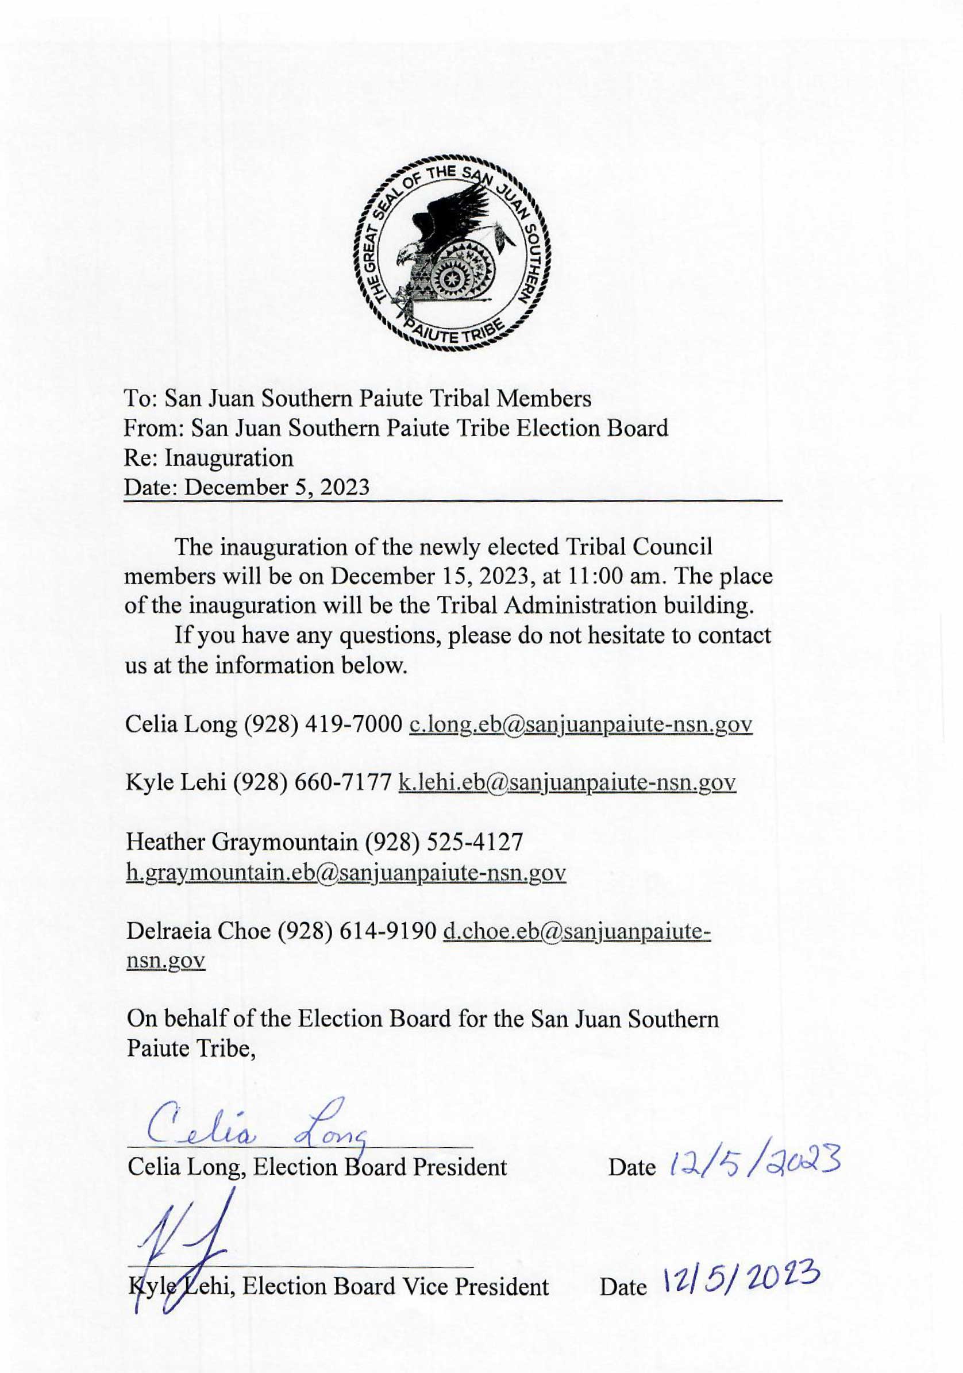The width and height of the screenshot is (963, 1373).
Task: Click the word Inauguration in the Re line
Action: pos(229,458)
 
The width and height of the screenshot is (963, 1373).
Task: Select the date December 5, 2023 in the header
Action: pos(276,487)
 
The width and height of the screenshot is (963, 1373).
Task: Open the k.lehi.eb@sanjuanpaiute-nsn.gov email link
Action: pos(567,783)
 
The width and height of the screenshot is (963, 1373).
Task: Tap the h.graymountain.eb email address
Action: pos(346,873)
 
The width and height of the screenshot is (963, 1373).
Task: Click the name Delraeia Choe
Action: pos(199,931)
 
